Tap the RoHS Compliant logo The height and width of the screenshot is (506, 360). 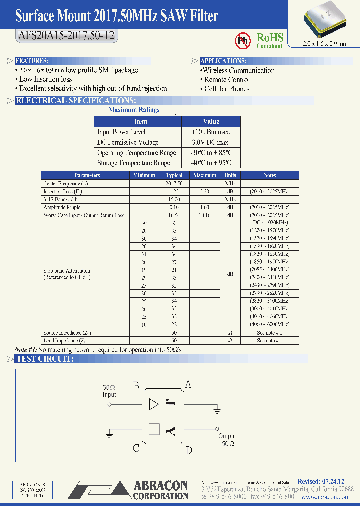[269, 40]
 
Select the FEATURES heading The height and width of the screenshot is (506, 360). [31, 61]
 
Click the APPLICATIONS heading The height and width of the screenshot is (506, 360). [223, 61]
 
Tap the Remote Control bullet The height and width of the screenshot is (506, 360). [227, 80]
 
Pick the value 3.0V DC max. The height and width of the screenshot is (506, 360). [211, 142]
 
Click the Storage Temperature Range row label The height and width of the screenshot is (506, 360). [133, 163]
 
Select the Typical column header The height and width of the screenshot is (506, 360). [174, 175]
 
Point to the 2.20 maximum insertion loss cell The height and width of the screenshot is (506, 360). [204, 191]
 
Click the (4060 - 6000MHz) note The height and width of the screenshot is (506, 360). [269, 324]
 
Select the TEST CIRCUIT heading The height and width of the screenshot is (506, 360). [45, 359]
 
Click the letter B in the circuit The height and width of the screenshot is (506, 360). [136, 385]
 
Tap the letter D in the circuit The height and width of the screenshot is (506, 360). [189, 450]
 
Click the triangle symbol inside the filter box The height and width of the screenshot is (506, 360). [154, 405]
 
